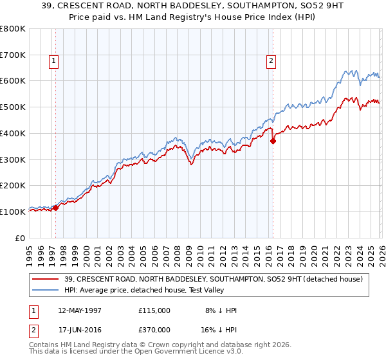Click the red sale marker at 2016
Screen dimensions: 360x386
[x=273, y=141]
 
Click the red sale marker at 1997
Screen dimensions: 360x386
[x=56, y=208]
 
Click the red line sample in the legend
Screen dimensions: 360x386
[x=46, y=279]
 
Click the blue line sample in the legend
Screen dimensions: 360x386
[x=46, y=290]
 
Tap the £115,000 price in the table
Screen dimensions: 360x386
[x=154, y=310]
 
